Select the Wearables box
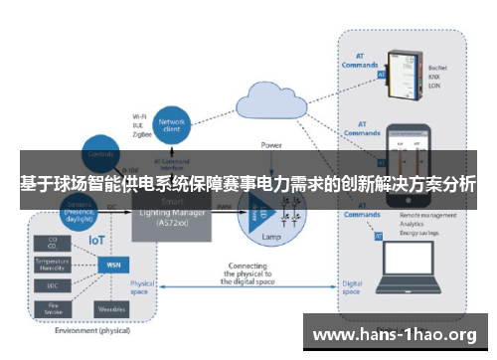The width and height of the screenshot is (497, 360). tap(110, 309)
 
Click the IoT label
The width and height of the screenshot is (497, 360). tap(96, 240)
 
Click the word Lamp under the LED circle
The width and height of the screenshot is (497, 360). tap(269, 239)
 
